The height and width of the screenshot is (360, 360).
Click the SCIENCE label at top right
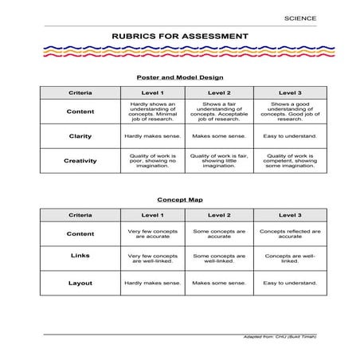(x=299, y=18)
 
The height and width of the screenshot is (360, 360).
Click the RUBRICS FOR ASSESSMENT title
(x=179, y=37)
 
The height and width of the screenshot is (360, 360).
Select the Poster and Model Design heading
(x=179, y=77)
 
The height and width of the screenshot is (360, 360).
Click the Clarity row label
(x=80, y=136)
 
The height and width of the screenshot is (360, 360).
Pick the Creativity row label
(x=80, y=161)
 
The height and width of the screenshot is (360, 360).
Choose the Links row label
(x=80, y=256)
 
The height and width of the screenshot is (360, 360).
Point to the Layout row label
(x=80, y=283)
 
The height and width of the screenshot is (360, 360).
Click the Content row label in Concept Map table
(x=80, y=234)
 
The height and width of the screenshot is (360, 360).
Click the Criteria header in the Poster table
(x=80, y=93)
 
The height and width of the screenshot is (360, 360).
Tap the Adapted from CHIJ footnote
(x=279, y=337)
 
